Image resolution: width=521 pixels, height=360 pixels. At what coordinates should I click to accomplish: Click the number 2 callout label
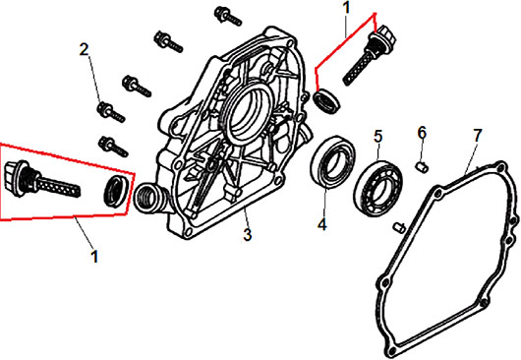85,49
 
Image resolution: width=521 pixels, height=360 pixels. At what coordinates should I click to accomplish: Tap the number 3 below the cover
248,235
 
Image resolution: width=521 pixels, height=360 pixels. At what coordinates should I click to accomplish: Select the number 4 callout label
322,224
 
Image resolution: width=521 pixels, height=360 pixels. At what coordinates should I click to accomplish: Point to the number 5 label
378,137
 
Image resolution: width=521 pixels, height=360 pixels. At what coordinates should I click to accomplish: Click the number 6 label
422,133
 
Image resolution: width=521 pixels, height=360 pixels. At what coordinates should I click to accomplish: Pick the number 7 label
477,136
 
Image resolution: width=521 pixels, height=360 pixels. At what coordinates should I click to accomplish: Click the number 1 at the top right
347,8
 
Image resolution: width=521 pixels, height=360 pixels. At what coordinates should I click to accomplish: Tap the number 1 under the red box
94,257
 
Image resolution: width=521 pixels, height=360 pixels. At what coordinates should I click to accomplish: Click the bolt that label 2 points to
111,112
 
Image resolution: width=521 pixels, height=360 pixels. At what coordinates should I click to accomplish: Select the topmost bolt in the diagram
228,16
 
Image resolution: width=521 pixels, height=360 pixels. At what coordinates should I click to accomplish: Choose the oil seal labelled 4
333,162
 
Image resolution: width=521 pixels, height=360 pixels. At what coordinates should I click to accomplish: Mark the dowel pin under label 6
422,166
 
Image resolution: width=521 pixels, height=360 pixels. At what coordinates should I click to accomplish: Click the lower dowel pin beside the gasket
399,226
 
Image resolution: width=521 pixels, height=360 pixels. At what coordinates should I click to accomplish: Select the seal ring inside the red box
115,191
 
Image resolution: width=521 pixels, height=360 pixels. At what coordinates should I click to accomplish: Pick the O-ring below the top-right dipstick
327,99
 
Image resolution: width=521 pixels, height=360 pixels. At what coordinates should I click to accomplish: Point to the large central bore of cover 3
249,113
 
